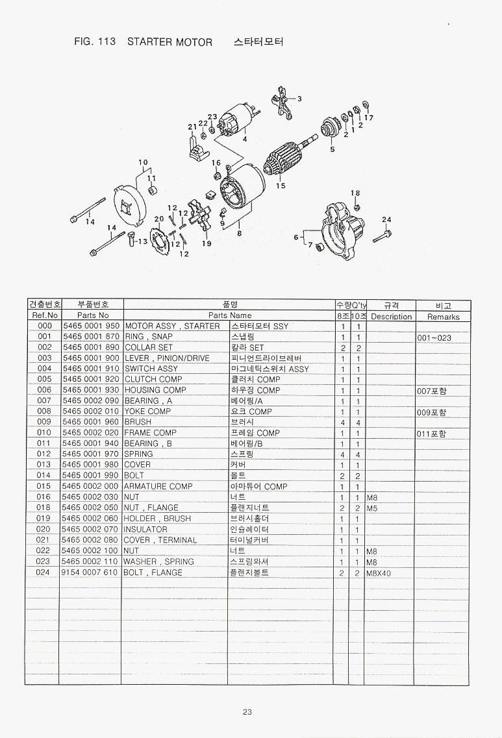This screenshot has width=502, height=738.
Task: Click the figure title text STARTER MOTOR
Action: point(169,42)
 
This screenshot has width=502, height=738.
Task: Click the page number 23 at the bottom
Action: point(247,711)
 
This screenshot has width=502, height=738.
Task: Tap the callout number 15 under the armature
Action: point(281,186)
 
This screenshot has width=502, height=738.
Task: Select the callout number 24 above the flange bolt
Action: point(386,219)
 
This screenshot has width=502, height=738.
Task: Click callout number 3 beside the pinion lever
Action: point(299,99)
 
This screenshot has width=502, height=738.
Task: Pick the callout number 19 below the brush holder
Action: point(207,243)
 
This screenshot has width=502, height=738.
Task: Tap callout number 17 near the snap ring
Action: point(369,117)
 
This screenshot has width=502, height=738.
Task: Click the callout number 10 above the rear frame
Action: point(143,162)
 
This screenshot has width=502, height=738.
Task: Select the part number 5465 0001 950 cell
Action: point(91,326)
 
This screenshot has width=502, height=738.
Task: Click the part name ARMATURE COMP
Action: point(158,486)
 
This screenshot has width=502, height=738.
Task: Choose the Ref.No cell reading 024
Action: point(44,572)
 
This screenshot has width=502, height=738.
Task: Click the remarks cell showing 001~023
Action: point(434,338)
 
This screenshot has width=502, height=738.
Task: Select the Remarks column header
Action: point(443,317)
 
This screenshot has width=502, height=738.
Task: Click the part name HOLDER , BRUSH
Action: point(157,519)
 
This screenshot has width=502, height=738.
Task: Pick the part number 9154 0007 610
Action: point(91,572)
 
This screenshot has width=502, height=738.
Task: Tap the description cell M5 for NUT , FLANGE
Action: point(372,508)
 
